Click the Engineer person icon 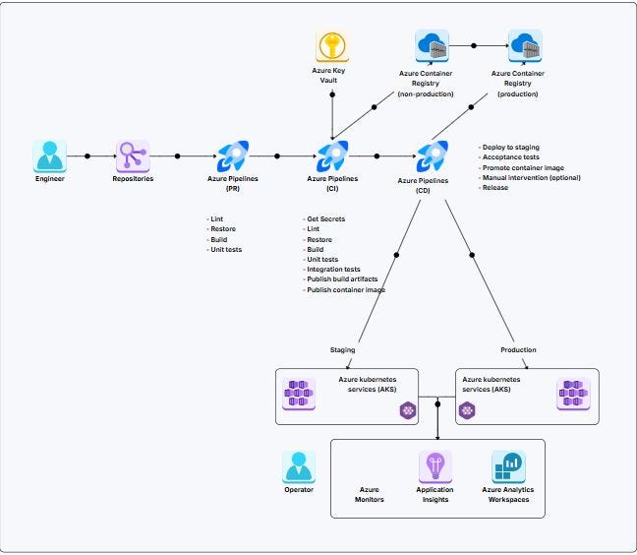coord(49,155)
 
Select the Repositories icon coord(133,155)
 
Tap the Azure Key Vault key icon coord(332,47)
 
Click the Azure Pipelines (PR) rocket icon coord(232,155)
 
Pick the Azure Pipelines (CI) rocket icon coord(332,155)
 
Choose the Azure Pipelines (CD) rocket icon coord(433,155)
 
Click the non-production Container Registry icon coord(433,45)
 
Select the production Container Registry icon coord(524,45)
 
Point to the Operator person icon coord(299,466)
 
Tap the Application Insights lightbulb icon coord(434,466)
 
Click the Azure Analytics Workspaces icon coord(508,466)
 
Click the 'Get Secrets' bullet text coord(327,218)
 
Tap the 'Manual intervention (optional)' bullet coord(532,178)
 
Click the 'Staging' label coord(342,349)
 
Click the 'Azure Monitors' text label coord(370,494)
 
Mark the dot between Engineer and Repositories coord(87,155)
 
